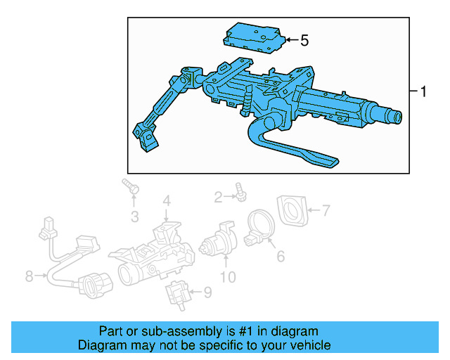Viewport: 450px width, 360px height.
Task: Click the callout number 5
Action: pos(304,41)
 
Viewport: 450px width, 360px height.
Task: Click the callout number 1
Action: pos(423,91)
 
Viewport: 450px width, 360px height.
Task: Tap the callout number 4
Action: pos(166,201)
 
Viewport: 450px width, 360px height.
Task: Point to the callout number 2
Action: pos(218,197)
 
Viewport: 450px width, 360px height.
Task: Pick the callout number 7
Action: pos(326,209)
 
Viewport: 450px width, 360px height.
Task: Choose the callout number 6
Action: pos(281,256)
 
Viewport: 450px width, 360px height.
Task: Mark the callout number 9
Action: pos(207,292)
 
